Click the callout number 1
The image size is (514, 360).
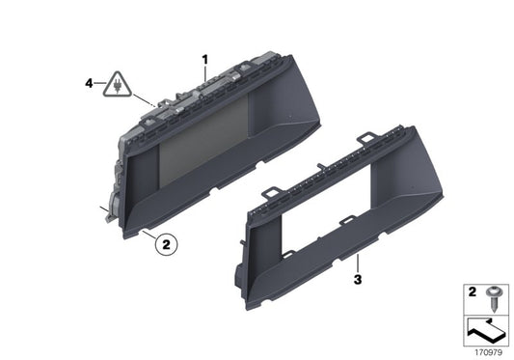point(204,59)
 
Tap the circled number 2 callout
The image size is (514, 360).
point(165,246)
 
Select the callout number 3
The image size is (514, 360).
point(357,280)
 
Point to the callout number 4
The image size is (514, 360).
point(89,84)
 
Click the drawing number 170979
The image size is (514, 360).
point(487,351)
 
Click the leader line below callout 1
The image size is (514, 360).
point(204,75)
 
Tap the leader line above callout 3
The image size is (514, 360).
point(357,263)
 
